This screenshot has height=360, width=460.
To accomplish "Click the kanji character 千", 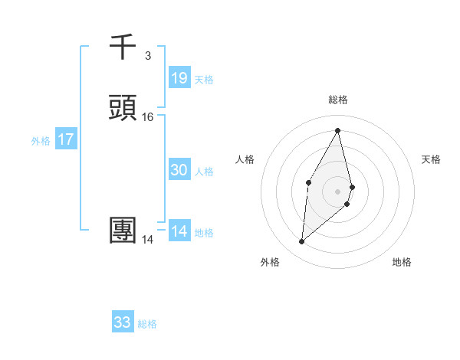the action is (x=123, y=48).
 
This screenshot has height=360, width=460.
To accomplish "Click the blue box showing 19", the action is (x=179, y=77).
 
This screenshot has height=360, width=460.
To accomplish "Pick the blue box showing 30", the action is (x=179, y=170).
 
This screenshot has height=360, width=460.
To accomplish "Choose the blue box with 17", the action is (x=66, y=139).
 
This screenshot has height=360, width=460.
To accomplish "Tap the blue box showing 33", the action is (x=123, y=322).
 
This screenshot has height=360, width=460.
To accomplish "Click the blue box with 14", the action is (x=179, y=231).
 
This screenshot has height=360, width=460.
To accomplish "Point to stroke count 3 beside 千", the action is (x=147, y=55).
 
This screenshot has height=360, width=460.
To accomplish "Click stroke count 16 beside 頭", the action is (x=148, y=117).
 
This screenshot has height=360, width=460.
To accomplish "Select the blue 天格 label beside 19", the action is (x=204, y=79).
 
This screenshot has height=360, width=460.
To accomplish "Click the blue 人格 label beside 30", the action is (x=205, y=172).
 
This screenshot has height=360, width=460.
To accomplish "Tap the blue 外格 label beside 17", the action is (x=41, y=141).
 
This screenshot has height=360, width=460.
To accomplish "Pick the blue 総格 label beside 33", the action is (x=148, y=324).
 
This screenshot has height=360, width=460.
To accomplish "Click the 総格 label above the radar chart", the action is (x=338, y=100).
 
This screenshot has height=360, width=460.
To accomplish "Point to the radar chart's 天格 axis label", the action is (x=431, y=159).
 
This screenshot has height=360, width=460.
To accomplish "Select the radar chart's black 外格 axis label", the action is (x=270, y=262).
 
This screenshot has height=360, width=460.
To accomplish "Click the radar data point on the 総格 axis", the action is (x=338, y=131).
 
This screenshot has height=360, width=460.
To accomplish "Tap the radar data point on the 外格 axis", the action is (x=301, y=242).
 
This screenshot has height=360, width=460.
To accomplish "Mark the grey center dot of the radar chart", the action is (x=338, y=191).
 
